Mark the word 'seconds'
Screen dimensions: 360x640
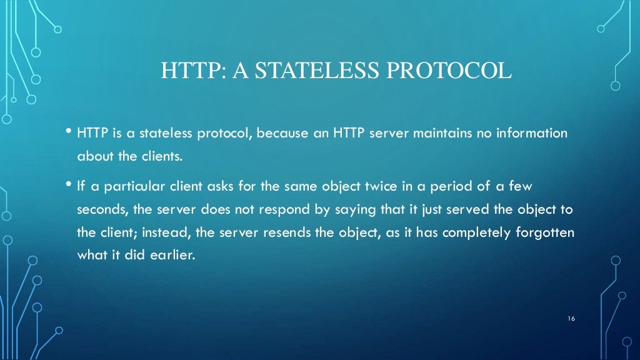pos(100,209)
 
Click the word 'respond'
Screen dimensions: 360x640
pos(277,209)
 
